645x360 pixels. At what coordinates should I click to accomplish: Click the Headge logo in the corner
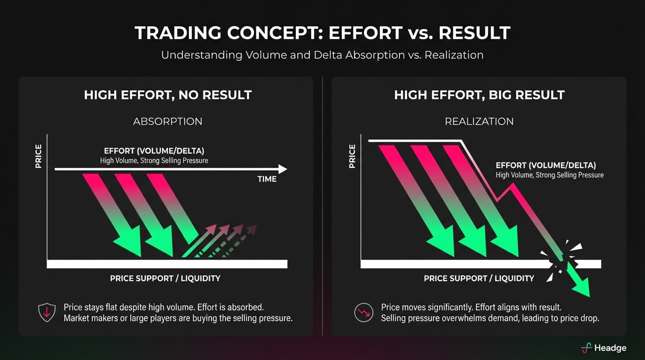coord(603,348)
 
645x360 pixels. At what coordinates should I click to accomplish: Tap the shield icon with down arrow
coord(46,313)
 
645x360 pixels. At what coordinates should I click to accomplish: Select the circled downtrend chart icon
coord(363,313)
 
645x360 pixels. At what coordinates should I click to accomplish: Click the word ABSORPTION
coord(168,121)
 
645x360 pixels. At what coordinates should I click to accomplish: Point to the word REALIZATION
coord(479,121)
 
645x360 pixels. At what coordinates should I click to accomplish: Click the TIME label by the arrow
coord(267,179)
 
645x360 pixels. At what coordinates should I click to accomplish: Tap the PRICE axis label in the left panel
coord(38,156)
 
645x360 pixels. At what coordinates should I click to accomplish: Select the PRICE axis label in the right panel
coord(352,156)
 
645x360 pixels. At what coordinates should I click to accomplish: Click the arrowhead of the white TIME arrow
coord(282,169)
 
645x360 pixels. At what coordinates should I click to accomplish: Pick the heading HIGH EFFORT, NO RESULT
coord(168,95)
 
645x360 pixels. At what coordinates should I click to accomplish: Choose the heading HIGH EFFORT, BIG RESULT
coord(479,95)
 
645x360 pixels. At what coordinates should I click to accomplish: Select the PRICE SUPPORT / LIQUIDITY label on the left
coord(165,278)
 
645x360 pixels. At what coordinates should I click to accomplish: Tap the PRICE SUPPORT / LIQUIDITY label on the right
coord(479,278)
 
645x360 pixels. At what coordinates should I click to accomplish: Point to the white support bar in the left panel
coord(167,263)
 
